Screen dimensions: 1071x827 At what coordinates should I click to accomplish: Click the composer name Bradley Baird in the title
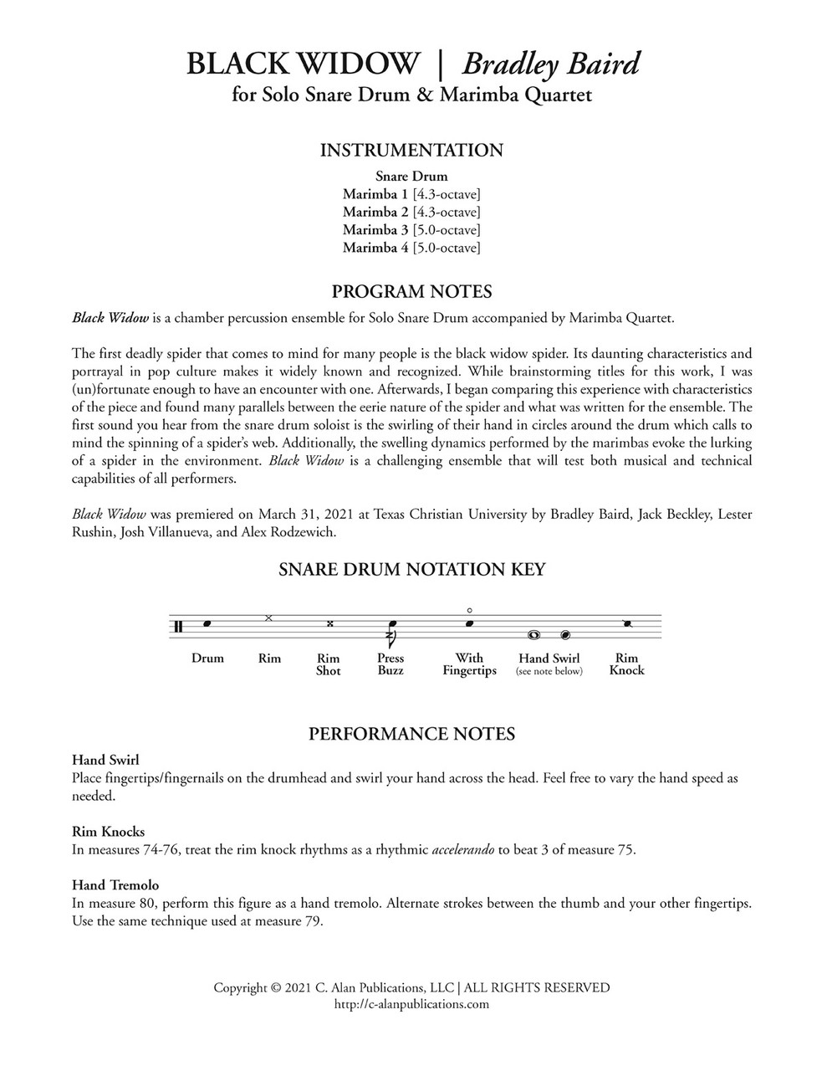(x=551, y=64)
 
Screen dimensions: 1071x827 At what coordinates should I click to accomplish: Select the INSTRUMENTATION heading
(x=411, y=151)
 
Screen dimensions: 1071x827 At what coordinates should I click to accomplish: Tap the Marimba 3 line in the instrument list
(x=411, y=230)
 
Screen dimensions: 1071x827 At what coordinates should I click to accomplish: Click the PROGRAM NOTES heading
(x=411, y=292)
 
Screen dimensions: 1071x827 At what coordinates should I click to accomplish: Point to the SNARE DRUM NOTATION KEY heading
(x=411, y=570)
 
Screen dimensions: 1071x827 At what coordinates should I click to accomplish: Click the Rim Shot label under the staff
(x=328, y=664)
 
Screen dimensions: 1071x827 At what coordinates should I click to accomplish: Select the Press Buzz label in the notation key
(x=391, y=664)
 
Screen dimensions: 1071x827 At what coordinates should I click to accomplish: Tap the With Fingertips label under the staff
(x=469, y=664)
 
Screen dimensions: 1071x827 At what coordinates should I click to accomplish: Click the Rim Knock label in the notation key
(x=626, y=664)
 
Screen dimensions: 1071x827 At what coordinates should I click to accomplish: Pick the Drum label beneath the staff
(x=207, y=658)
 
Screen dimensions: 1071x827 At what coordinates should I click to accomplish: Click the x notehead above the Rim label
(x=268, y=617)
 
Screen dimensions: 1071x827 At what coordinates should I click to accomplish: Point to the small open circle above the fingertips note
(x=470, y=610)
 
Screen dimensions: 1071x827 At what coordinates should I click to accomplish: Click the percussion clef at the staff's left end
(x=178, y=627)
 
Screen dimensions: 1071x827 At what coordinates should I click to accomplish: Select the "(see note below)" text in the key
(x=549, y=671)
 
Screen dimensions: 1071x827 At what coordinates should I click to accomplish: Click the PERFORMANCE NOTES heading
(x=411, y=734)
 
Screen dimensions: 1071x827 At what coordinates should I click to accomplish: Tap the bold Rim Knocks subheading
(x=108, y=832)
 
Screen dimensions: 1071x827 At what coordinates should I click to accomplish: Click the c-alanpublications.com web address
(x=411, y=1004)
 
